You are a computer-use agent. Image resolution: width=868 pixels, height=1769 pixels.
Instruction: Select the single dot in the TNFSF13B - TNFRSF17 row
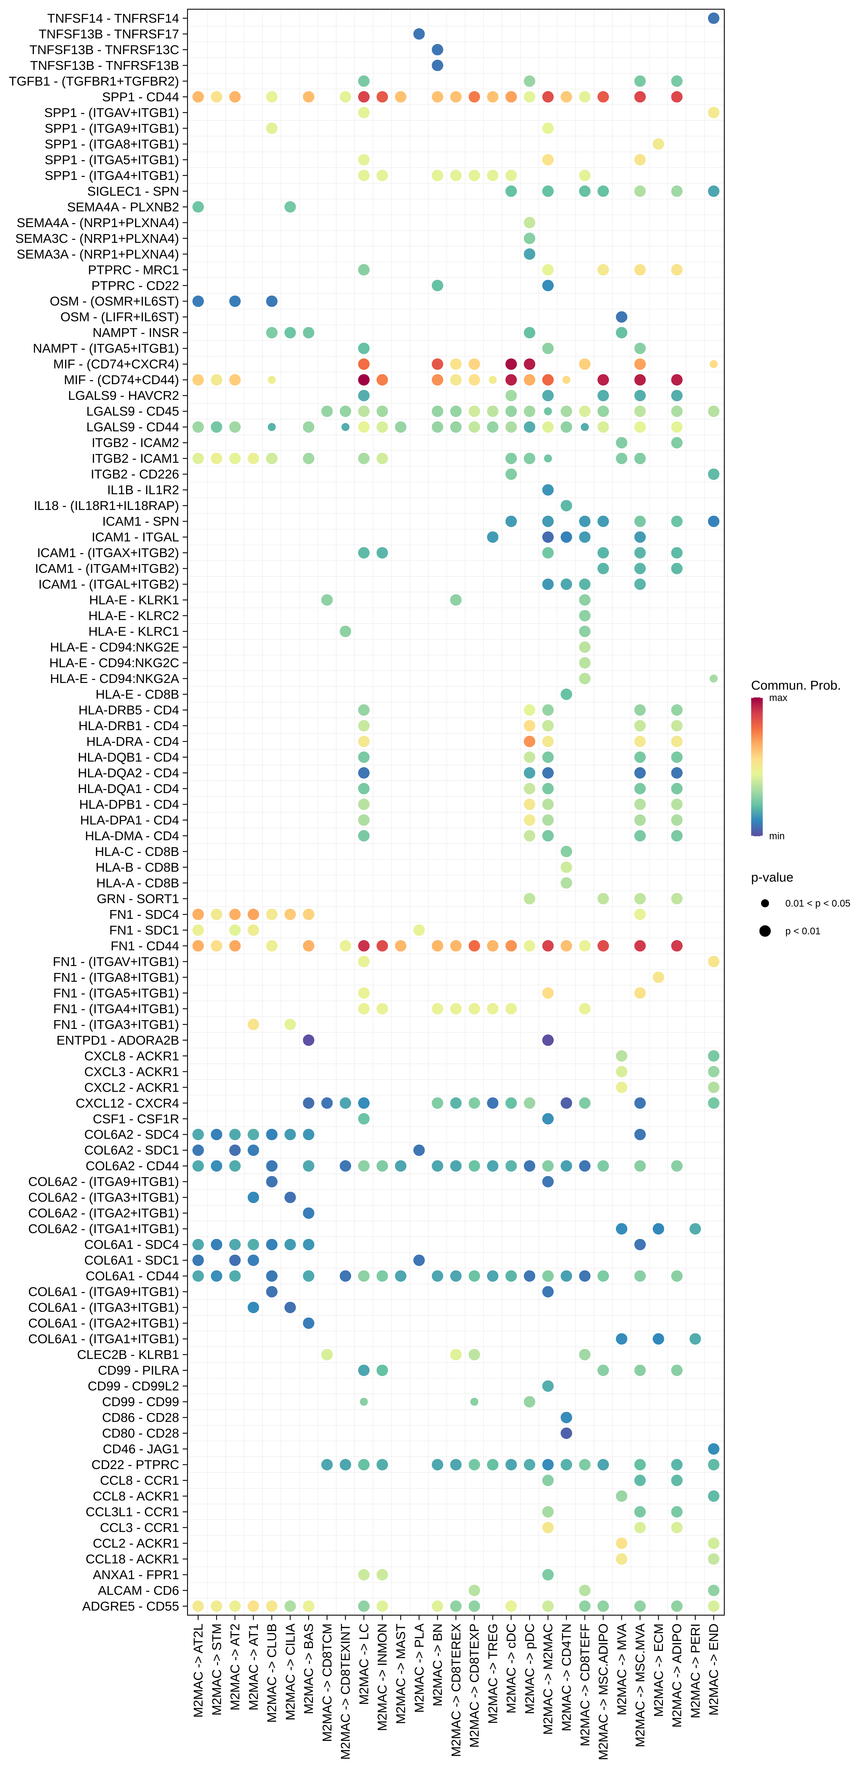click(x=418, y=34)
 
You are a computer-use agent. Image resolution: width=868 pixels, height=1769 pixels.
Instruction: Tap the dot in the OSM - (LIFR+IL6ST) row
click(x=621, y=317)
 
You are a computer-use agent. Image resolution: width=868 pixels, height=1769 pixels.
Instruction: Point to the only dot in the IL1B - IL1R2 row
click(x=548, y=490)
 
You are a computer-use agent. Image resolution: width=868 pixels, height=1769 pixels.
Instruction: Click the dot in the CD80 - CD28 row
click(x=566, y=1433)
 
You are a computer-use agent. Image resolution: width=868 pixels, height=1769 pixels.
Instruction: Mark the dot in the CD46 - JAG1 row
click(x=713, y=1449)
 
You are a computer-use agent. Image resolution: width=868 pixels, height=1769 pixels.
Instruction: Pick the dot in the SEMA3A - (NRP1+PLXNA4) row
click(x=529, y=254)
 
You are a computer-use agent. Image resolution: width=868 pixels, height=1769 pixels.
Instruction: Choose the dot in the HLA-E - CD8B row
click(x=566, y=694)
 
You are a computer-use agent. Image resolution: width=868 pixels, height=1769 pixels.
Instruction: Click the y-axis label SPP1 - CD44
click(x=140, y=97)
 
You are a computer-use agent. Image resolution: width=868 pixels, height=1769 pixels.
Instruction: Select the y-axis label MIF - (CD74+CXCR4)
click(x=116, y=364)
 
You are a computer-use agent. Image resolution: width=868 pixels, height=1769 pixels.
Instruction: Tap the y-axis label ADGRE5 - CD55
click(x=131, y=1606)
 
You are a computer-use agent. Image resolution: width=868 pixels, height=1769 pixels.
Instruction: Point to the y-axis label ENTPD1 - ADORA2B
click(x=118, y=1040)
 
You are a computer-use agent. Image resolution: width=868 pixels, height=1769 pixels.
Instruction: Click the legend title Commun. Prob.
click(x=795, y=685)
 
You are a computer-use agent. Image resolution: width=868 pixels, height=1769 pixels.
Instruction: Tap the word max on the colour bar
click(x=778, y=698)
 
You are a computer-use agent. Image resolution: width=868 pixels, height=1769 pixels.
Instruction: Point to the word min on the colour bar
click(x=777, y=836)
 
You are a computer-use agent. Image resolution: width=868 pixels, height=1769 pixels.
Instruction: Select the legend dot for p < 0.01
click(x=765, y=931)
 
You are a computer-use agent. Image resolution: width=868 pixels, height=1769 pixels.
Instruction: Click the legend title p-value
click(x=772, y=878)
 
